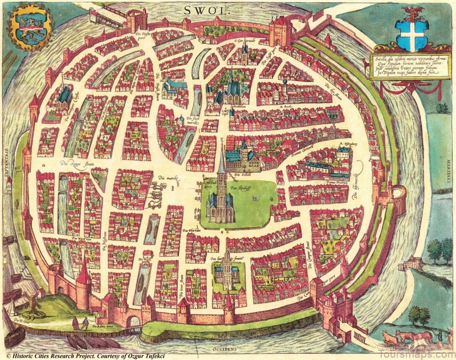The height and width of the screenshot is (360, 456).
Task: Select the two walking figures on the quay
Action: (79, 324)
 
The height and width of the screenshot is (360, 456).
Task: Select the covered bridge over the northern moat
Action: (108, 18)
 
